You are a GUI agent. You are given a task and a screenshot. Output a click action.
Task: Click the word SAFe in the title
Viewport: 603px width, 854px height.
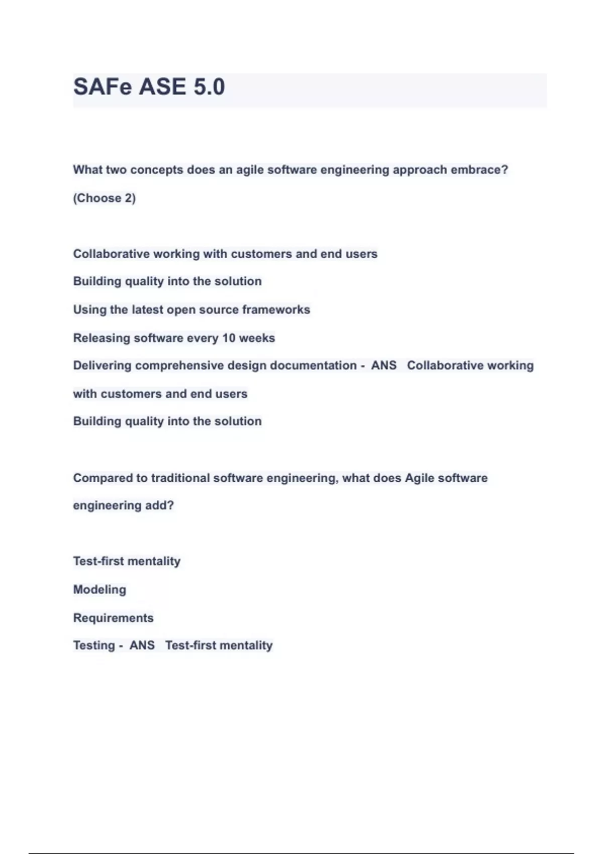click(103, 87)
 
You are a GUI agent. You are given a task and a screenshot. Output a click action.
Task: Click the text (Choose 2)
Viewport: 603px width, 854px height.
click(105, 198)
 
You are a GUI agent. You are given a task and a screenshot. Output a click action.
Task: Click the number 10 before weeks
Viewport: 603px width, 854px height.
click(229, 338)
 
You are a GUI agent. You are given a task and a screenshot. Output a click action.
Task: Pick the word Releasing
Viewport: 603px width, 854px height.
click(102, 338)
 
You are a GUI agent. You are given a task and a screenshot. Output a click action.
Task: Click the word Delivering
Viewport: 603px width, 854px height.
click(102, 366)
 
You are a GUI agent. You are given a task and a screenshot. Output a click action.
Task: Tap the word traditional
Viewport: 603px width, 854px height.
click(180, 478)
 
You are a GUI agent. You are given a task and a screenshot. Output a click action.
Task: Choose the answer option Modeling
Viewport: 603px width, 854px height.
click(99, 590)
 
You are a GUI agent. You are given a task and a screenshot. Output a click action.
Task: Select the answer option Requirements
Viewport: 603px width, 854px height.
click(113, 618)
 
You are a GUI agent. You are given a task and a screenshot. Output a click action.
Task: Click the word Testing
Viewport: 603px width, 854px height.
click(94, 646)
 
